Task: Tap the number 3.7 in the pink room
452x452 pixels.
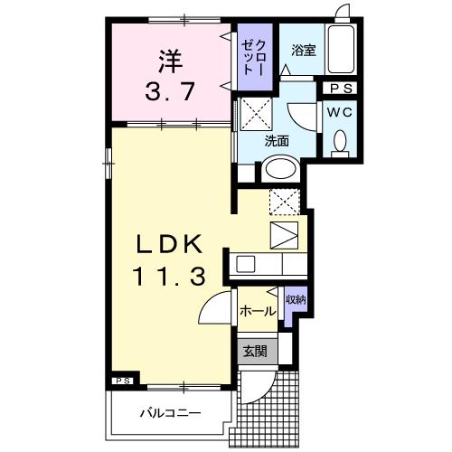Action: (172, 90)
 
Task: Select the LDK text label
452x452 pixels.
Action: (173, 244)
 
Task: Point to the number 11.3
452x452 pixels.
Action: (173, 274)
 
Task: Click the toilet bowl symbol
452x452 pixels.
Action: (342, 142)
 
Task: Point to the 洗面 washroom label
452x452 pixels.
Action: (277, 141)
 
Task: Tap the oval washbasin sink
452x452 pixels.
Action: (280, 170)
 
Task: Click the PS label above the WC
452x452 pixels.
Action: (342, 89)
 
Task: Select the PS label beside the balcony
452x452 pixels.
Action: (124, 381)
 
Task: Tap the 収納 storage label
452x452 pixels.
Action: (295, 300)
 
